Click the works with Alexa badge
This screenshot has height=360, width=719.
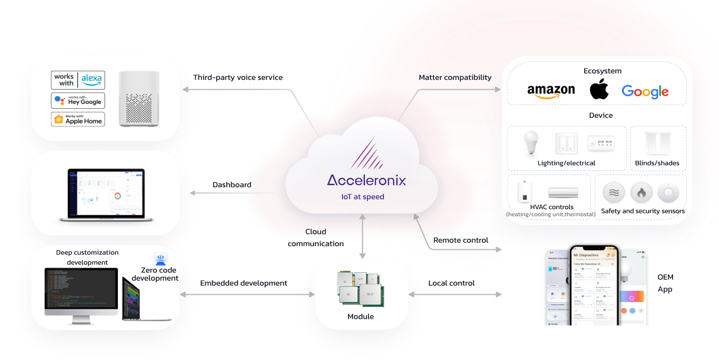[78, 80]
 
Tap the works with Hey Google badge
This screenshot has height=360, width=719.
[78, 100]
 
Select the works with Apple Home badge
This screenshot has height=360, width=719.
[78, 119]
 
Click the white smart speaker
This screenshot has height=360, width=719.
[139, 98]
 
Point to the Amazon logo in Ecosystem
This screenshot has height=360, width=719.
[551, 91]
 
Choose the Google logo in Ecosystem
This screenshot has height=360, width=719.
[645, 92]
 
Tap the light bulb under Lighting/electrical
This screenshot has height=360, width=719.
[531, 143]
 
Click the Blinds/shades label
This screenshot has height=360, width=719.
[657, 163]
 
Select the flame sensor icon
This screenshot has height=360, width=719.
[642, 192]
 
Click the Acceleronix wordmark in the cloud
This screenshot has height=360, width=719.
[366, 180]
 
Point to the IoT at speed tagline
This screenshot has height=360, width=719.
[362, 197]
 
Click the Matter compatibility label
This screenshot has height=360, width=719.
[455, 77]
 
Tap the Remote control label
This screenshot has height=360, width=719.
[460, 240]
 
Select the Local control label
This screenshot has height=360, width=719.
[451, 283]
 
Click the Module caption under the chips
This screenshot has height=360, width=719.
[360, 317]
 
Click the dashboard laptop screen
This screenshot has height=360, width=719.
[105, 193]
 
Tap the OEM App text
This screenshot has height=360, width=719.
[665, 283]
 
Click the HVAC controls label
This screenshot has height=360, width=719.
[551, 207]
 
